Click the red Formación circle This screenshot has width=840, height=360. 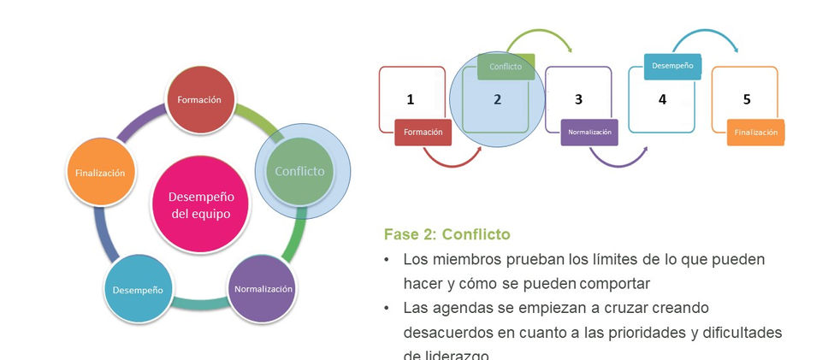pos(198,100)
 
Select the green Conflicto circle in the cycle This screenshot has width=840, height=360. pos(299,171)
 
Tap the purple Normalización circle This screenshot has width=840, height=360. pos(263,289)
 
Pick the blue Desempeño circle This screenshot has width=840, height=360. pos(137,290)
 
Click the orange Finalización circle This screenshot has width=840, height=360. pos(99,173)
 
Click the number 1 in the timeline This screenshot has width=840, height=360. pos(411,99)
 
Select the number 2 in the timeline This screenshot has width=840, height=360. pos(497,99)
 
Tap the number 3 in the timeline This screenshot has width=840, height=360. pos(578,99)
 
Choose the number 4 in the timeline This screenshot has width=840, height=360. pos(662,99)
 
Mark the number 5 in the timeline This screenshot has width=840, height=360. pos(747,99)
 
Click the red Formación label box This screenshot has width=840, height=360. pos(423,133)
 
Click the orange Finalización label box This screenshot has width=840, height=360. pos(756,133)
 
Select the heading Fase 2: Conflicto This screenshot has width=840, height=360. pos(447,233)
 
